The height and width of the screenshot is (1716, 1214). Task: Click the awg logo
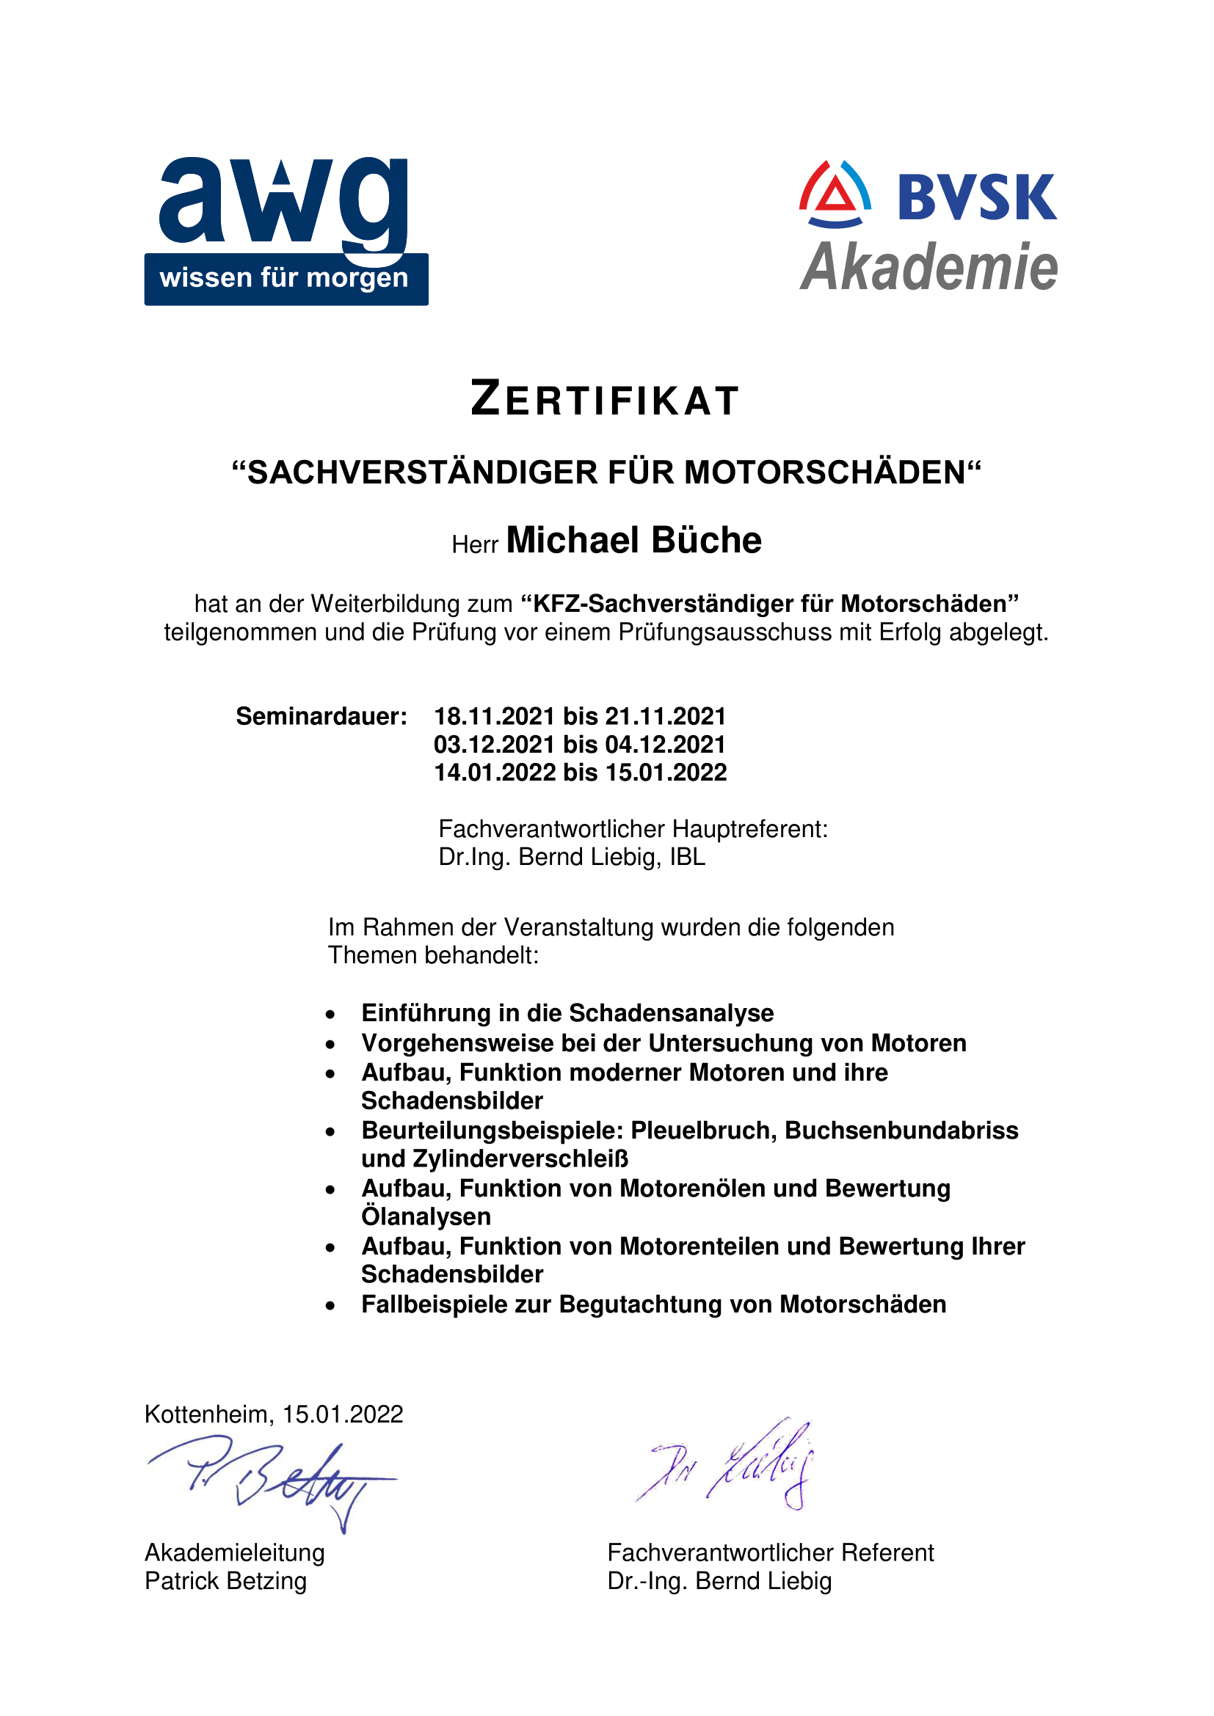point(286,230)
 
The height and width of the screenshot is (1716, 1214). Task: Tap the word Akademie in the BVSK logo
point(928,268)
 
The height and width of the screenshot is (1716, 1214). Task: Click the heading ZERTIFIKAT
point(606,399)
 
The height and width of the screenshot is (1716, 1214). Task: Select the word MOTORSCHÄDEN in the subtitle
point(825,473)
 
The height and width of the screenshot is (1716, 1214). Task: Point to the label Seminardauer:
point(321,716)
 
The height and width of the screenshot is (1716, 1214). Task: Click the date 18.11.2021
point(494,716)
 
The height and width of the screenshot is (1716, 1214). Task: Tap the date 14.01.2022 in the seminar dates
point(494,772)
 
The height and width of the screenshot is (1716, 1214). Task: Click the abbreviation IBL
point(687,856)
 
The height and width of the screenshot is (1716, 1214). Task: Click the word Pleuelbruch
point(704,1130)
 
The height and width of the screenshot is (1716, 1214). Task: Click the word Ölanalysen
point(426,1216)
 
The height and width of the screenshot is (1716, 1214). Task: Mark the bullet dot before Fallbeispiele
point(330,1306)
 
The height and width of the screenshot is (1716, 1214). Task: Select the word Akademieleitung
point(235,1552)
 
